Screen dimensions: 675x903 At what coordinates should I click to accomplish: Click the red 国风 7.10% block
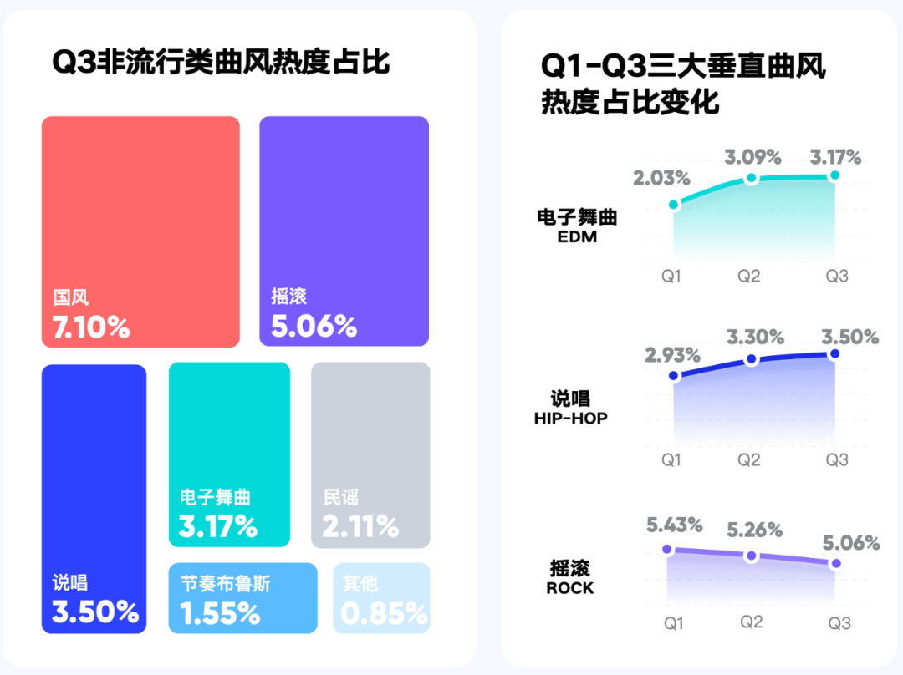tap(140, 231)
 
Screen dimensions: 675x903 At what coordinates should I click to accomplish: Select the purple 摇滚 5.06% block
tap(344, 231)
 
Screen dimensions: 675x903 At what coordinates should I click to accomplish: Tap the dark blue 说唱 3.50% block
tap(94, 499)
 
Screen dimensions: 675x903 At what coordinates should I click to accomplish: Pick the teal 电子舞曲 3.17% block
tap(229, 455)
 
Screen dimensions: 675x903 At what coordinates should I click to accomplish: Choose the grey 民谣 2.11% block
tap(370, 455)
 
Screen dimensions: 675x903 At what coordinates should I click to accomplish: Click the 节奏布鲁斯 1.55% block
tap(242, 598)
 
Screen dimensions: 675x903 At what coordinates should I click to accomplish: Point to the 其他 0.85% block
tap(381, 598)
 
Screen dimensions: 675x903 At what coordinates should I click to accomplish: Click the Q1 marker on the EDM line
tap(673, 205)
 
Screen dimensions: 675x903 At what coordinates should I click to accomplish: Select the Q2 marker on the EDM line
tap(751, 178)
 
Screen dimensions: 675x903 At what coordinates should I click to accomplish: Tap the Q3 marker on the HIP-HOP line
tap(834, 354)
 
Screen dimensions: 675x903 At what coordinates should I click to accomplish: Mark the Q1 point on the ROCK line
tap(667, 549)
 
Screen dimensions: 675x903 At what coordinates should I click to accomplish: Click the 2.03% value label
tap(661, 178)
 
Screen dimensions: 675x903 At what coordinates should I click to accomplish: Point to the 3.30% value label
tap(755, 337)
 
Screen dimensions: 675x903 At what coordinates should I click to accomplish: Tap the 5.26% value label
tap(754, 530)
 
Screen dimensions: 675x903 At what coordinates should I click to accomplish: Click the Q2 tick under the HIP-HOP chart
tap(749, 459)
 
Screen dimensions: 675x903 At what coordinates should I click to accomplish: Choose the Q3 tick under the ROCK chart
tap(839, 623)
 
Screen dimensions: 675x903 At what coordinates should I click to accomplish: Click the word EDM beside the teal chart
tap(577, 236)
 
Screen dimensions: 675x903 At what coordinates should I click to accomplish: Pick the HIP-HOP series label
tap(571, 418)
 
